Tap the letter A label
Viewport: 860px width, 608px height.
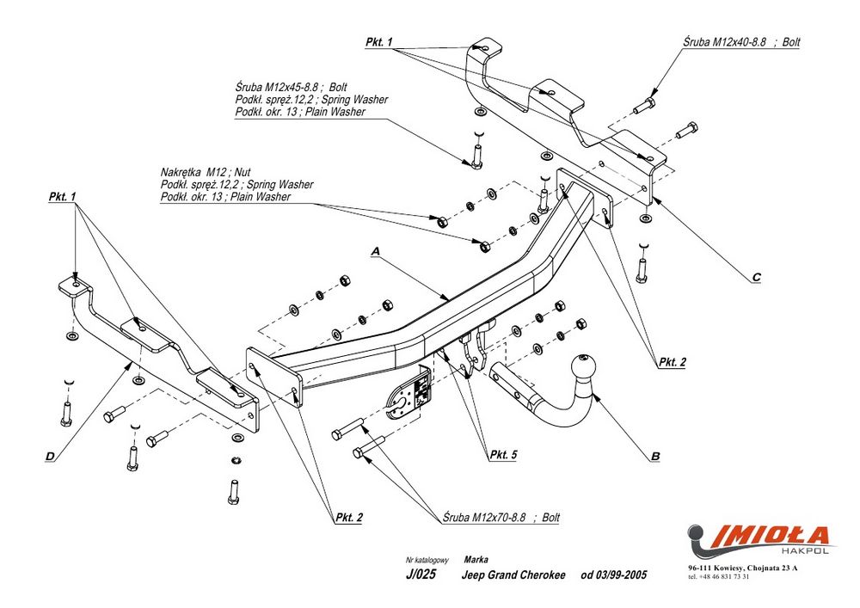pos(375,250)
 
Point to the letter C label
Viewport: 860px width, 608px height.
pos(756,277)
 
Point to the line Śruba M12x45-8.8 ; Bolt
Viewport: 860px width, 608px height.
pos(289,89)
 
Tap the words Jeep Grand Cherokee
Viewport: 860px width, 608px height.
pos(514,575)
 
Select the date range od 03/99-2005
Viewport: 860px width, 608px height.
pos(613,575)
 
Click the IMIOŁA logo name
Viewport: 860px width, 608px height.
pos(762,536)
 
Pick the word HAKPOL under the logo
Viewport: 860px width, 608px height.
pos(805,553)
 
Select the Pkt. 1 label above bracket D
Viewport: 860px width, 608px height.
pos(62,197)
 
